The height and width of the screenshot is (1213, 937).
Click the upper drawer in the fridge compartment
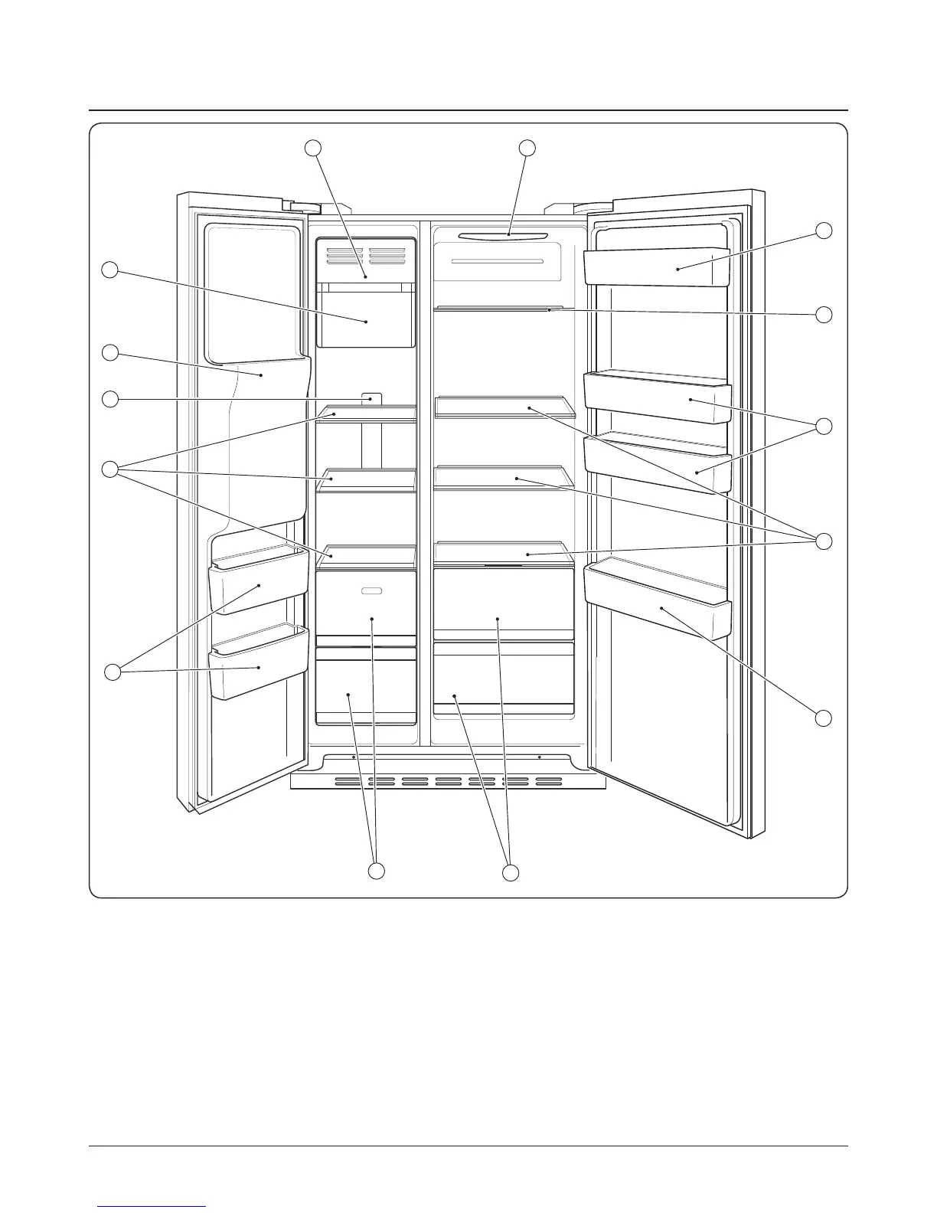(x=503, y=605)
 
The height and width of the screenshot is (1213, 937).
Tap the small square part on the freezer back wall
(x=371, y=399)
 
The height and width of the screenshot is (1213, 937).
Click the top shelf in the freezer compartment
(x=366, y=414)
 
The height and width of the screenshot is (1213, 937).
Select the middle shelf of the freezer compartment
(x=366, y=479)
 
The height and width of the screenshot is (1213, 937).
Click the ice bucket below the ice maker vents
(x=365, y=318)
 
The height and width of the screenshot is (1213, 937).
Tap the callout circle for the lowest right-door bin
(x=823, y=718)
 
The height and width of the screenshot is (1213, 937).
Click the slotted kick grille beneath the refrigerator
(x=448, y=782)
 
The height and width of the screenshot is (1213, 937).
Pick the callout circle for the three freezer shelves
(x=112, y=469)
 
